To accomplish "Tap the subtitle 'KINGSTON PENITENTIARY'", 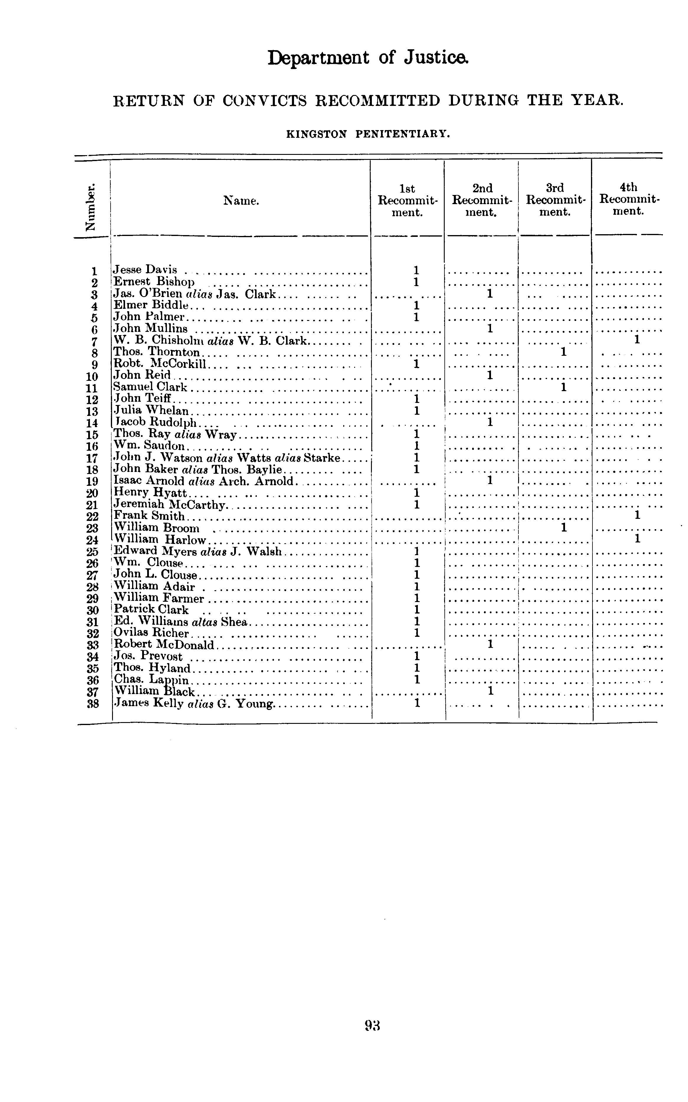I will pos(368,134).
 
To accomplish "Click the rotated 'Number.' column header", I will pos(92,207).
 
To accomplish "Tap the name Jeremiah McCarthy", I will pos(169,505).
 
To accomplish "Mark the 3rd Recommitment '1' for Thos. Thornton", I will pos(563,352).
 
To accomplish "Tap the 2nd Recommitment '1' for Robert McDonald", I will pos(490,644).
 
